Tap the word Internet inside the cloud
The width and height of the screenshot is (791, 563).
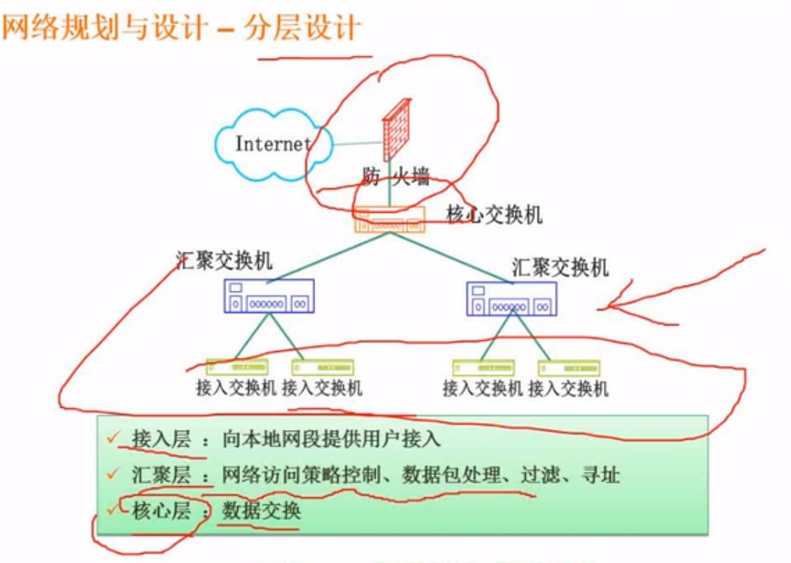273,144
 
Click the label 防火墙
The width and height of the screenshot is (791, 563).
395,178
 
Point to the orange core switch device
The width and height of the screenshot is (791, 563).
389,220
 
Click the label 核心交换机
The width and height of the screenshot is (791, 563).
494,215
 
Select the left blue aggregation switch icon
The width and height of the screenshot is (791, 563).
268,296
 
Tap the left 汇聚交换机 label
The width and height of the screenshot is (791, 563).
224,261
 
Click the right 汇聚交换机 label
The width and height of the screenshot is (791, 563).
560,267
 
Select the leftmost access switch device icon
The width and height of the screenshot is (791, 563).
238,367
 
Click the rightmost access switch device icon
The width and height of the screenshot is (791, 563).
569,369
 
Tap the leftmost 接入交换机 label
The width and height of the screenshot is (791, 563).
235,388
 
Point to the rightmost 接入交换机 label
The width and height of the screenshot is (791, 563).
569,389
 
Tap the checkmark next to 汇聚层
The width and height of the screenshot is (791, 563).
112,475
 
